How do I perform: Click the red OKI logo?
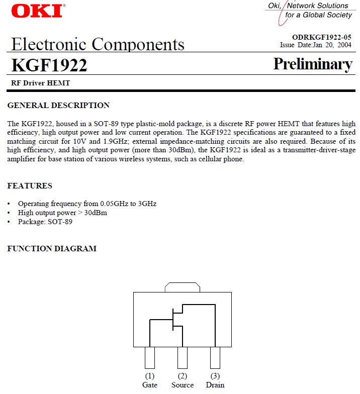[x=37, y=11]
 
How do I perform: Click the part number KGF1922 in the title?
[x=49, y=65]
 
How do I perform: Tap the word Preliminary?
[x=313, y=64]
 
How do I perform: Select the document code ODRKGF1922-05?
[x=322, y=37]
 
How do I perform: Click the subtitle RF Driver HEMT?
[x=41, y=83]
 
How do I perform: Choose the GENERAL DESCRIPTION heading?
[x=58, y=106]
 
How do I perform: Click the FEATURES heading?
[x=30, y=186]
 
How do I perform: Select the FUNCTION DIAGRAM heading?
[x=52, y=249]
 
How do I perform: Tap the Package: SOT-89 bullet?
[x=45, y=222]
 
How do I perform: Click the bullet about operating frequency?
[x=87, y=204]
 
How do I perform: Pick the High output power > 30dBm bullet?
[x=62, y=213]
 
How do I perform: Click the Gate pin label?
[x=150, y=385]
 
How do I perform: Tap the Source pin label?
[x=182, y=385]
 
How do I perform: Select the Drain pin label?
[x=215, y=385]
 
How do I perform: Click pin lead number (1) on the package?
[x=150, y=358]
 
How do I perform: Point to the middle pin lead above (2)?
[x=182, y=358]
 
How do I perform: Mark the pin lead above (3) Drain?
[x=215, y=358]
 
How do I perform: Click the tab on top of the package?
[x=183, y=287]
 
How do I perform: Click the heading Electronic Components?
[x=98, y=44]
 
